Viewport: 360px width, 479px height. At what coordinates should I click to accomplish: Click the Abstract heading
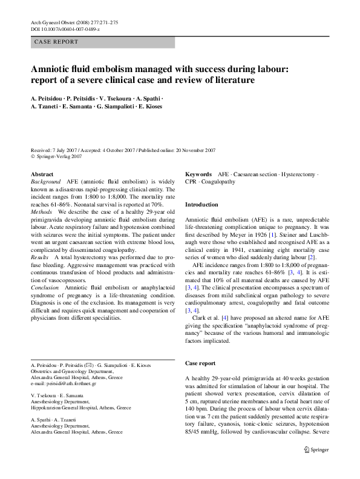pyautogui.click(x=42, y=174)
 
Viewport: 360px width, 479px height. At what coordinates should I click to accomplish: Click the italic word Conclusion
pyautogui.click(x=45, y=289)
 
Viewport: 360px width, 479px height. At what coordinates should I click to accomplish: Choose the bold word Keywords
pyautogui.click(x=198, y=174)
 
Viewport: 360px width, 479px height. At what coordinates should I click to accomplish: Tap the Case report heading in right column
pyautogui.click(x=200, y=363)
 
